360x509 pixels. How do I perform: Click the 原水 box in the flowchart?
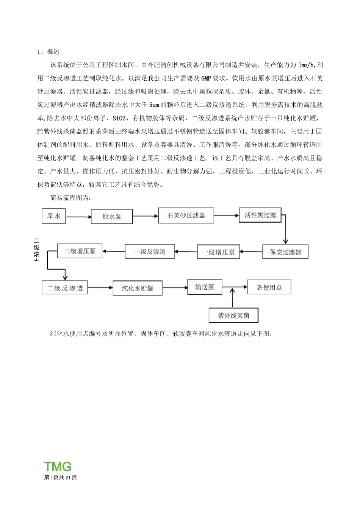pos(53,216)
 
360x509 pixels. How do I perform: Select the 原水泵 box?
pos(112,217)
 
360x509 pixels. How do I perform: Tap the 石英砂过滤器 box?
pos(186,215)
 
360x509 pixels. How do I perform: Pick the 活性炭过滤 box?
pos(260,215)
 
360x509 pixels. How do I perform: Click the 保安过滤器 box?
pos(285,252)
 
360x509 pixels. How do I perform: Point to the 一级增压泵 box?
pos(218,252)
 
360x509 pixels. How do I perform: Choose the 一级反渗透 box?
pos(150,251)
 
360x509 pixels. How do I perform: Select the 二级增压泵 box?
pos(80,251)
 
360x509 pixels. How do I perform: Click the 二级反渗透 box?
pos(64,288)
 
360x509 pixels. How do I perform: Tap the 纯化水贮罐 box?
pos(138,288)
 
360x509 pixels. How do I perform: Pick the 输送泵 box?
pos(205,287)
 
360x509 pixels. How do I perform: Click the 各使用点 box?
pos(269,287)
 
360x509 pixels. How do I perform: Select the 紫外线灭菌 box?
pos(233,315)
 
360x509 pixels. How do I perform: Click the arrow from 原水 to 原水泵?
pos(79,217)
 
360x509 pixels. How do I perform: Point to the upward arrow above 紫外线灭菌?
pos(233,297)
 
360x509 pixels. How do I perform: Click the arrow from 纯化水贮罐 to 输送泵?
pos(175,288)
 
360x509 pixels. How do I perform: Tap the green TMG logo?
pos(58,466)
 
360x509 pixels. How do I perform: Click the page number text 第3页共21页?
pos(61,477)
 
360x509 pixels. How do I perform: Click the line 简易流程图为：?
pos(70,198)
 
